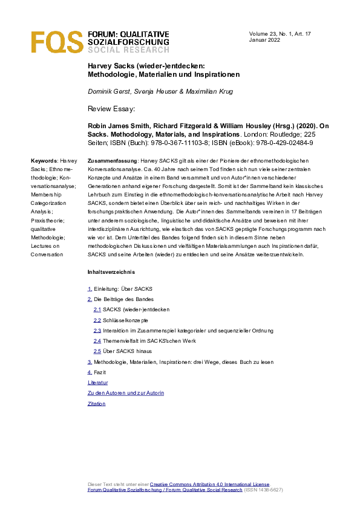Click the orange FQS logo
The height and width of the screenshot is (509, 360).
pos(57,42)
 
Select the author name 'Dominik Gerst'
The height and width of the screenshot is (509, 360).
pos(109,91)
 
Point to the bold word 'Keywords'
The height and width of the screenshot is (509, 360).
pos(44,161)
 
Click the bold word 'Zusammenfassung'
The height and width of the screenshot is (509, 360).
pos(112,161)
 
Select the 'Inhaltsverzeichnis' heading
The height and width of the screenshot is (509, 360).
pos(107,272)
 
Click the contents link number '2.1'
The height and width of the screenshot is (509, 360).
pos(97,310)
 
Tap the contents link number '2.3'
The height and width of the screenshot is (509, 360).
pos(97,331)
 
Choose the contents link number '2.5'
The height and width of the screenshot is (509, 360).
pos(97,351)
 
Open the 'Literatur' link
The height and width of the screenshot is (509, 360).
pos(98,383)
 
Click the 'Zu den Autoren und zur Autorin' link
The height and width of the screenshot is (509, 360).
pos(126,393)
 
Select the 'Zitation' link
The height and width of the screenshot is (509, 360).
pos(97,403)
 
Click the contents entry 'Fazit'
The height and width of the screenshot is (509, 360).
pos(100,372)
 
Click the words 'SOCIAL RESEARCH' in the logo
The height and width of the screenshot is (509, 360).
pos(128,50)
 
